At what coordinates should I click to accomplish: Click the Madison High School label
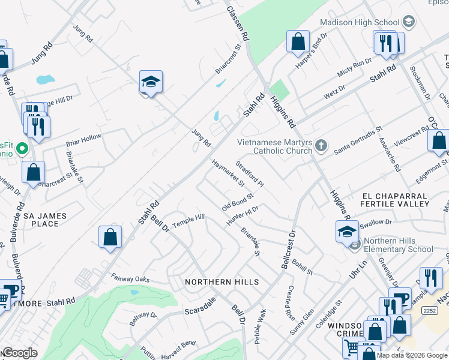pyautogui.click(x=360, y=22)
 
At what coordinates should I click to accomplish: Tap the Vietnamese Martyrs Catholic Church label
pyautogui.click(x=275, y=146)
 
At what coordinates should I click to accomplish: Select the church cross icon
pyautogui.click(x=322, y=145)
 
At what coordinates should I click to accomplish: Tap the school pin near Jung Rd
pyautogui.click(x=151, y=83)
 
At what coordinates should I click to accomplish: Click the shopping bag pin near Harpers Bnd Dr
pyautogui.click(x=298, y=42)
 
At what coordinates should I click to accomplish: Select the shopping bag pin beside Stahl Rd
pyautogui.click(x=110, y=237)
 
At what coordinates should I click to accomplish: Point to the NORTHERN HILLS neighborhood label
pyautogui.click(x=222, y=282)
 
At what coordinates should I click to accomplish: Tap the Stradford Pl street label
pyautogui.click(x=250, y=173)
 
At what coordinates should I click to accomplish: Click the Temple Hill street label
pyautogui.click(x=188, y=221)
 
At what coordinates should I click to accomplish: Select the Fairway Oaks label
pyautogui.click(x=130, y=278)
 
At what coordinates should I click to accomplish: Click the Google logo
pyautogui.click(x=19, y=353)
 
